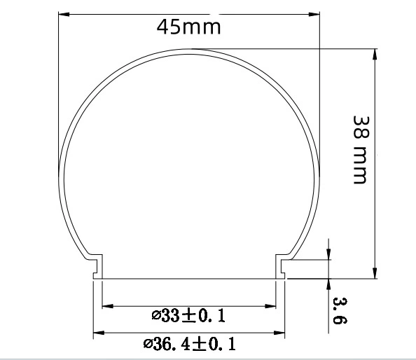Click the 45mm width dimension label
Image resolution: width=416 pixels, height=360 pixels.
(188, 27)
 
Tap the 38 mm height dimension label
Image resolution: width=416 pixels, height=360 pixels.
(361, 150)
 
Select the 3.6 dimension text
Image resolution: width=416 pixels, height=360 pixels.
(340, 311)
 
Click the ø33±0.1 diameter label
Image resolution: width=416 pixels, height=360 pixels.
(188, 315)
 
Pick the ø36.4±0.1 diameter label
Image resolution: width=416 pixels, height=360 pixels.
(189, 344)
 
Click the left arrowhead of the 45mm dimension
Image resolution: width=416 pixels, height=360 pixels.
(64, 14)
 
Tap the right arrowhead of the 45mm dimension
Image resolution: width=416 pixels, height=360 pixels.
(314, 14)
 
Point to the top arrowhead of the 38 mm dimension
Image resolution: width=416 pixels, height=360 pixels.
(375, 55)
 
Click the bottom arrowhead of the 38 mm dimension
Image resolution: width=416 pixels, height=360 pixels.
(375, 273)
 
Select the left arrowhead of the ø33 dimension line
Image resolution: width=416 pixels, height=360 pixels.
(108, 306)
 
